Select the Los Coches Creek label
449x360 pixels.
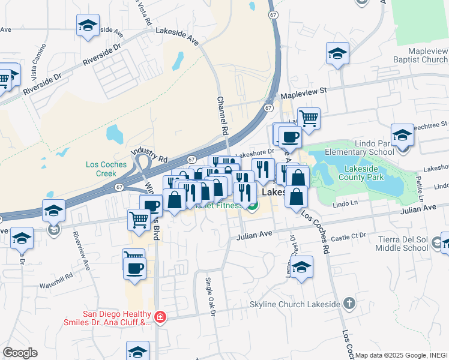pyautogui.click(x=106, y=169)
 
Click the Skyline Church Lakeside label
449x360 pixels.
pyautogui.click(x=295, y=304)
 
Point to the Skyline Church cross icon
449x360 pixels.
pyautogui.click(x=349, y=304)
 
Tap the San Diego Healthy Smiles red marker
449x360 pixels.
pyautogui.click(x=160, y=316)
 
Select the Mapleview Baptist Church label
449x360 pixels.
pyautogui.click(x=418, y=56)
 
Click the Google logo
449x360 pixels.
pyautogui.click(x=20, y=353)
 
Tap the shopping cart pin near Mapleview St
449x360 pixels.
pyautogui.click(x=309, y=118)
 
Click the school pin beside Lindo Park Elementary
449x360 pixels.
pyautogui.click(x=402, y=136)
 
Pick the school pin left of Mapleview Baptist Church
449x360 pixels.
pyautogui.click(x=337, y=53)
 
